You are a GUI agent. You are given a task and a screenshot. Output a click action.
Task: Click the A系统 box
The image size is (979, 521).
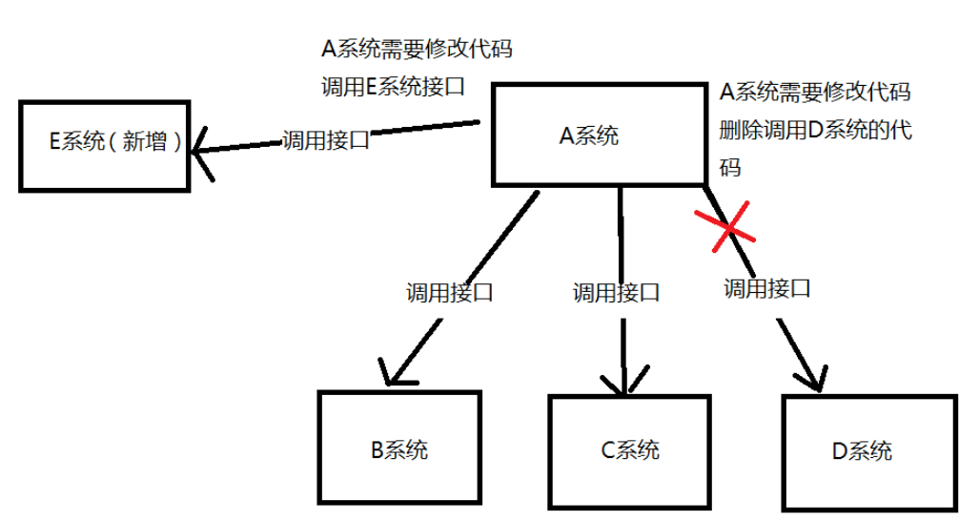pos(601,134)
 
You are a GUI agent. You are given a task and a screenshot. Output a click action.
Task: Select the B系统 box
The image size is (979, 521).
pos(399,449)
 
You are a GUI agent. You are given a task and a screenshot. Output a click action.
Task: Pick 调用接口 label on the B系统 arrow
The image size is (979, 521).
pos(449,291)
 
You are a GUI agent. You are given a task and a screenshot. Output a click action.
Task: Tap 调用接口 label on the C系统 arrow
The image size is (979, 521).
pos(616,292)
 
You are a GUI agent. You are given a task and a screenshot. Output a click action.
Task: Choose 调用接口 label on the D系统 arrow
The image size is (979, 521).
pos(767,287)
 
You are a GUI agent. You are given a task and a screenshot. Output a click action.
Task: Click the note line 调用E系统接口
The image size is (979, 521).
pos(394,87)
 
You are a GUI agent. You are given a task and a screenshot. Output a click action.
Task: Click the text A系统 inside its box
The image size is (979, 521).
pos(588,135)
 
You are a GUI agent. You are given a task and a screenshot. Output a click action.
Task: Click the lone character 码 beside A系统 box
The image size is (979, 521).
pos(730,168)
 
